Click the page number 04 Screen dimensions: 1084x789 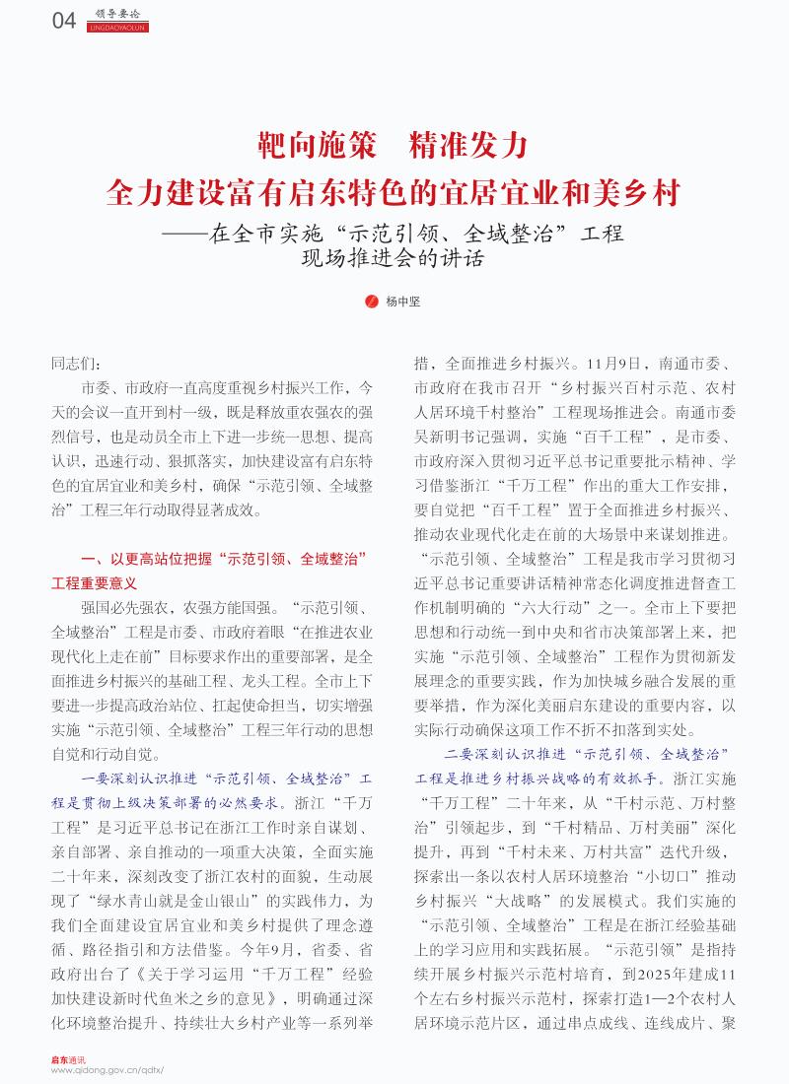[63, 21]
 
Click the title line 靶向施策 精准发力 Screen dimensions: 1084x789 [394, 147]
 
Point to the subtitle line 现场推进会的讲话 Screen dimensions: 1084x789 [394, 259]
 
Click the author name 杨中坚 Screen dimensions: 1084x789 [402, 302]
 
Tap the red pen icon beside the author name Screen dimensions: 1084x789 [372, 302]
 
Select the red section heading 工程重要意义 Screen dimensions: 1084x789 [94, 583]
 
